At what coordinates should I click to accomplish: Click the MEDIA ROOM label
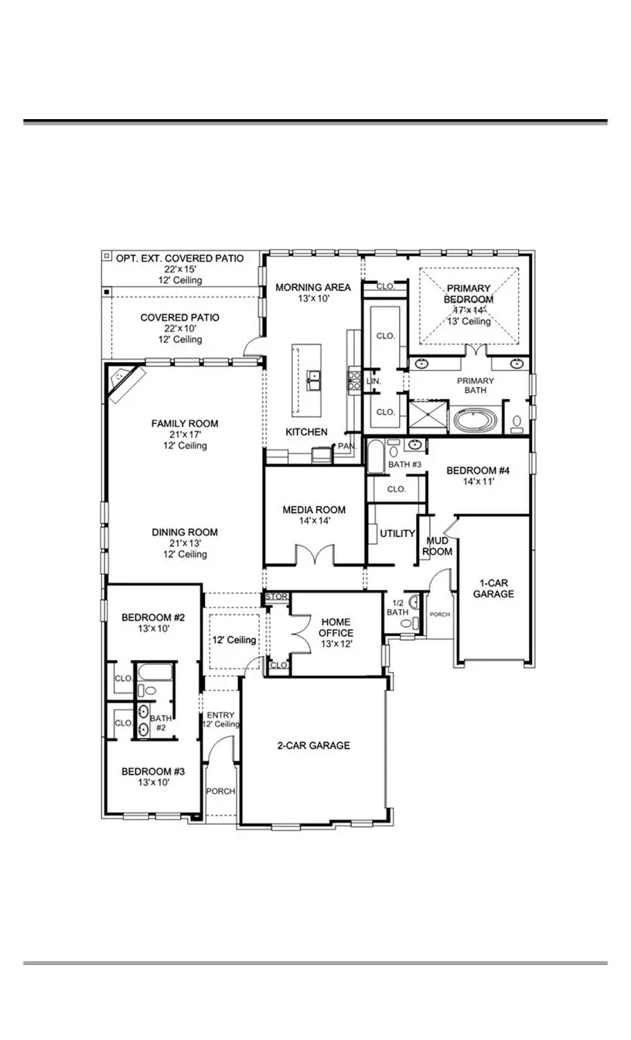click(x=313, y=510)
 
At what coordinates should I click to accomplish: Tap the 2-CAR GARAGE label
click(x=313, y=745)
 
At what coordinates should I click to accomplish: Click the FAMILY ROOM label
click(x=184, y=423)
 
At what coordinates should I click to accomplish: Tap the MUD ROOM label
click(x=437, y=546)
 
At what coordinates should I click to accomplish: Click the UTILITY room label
click(x=397, y=534)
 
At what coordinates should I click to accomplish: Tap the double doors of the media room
click(x=314, y=555)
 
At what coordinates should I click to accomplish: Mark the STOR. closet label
click(x=276, y=597)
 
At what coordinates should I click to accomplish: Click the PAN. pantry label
click(x=346, y=446)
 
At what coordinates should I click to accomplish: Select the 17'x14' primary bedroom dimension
click(x=469, y=310)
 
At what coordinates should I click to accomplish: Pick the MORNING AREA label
click(x=313, y=287)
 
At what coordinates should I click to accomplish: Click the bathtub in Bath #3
click(x=375, y=457)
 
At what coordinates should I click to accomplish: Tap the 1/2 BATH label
click(x=397, y=607)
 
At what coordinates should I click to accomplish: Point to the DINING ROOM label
click(x=184, y=532)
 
